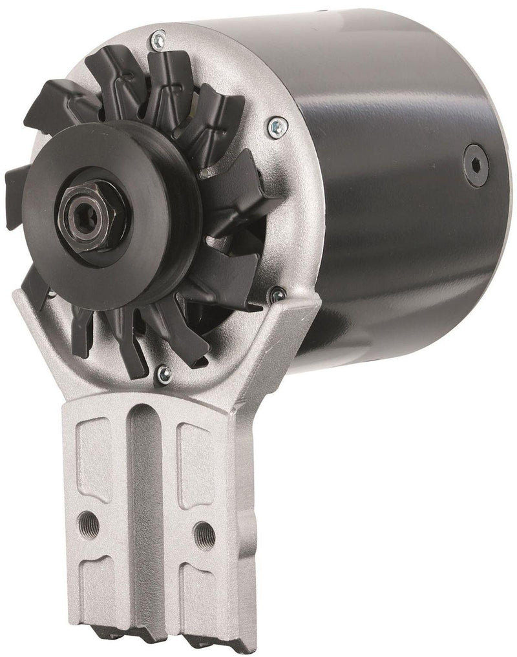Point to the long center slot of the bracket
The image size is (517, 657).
tap(140, 504)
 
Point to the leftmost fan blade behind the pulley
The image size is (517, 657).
tap(19, 178)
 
